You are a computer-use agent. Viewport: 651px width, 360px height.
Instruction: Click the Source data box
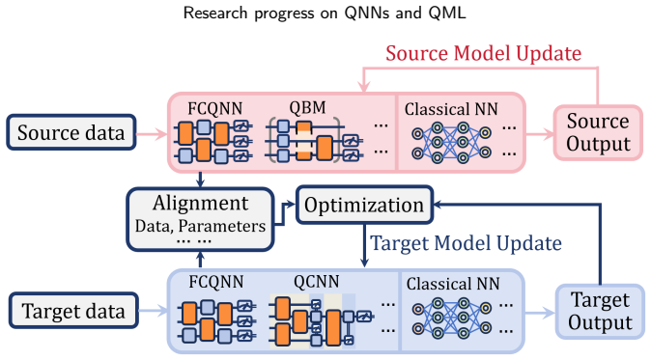(x=71, y=132)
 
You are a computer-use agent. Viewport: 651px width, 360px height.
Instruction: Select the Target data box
(x=73, y=311)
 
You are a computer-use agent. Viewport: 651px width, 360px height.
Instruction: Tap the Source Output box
(x=598, y=133)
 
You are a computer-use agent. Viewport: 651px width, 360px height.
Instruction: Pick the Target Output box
(x=600, y=312)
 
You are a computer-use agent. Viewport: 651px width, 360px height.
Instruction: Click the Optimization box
(x=364, y=205)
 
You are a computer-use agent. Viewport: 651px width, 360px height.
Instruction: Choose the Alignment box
(x=200, y=219)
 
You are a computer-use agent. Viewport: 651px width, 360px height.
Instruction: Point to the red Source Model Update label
(x=483, y=53)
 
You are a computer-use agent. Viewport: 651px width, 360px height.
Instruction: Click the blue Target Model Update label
(x=466, y=243)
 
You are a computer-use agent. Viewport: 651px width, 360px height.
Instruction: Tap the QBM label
(x=307, y=107)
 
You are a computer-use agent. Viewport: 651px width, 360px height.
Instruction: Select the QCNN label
(x=317, y=282)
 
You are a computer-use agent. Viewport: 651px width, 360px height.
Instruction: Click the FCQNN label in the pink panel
(x=214, y=109)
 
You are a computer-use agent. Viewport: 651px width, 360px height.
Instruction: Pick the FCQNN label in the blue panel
(x=216, y=282)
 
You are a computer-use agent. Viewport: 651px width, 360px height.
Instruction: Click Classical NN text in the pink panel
(x=451, y=109)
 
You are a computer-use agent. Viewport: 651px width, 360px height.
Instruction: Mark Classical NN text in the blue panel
(x=453, y=284)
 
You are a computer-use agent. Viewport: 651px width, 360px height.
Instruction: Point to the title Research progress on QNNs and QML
(x=325, y=14)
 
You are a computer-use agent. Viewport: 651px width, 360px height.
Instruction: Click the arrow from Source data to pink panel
(x=152, y=133)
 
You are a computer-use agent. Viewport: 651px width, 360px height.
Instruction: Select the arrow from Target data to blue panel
(x=154, y=311)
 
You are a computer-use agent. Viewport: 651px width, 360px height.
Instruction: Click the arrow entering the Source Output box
(x=540, y=133)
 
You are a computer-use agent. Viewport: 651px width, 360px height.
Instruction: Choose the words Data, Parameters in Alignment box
(x=200, y=227)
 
